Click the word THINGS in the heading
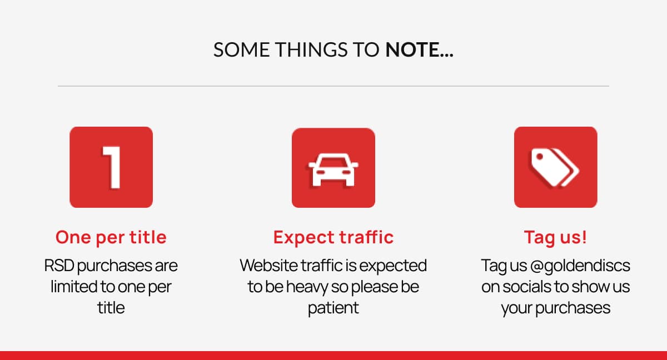tap(311, 49)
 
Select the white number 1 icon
tap(111, 168)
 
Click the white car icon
tap(333, 169)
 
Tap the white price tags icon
tap(555, 168)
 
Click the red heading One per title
tap(111, 237)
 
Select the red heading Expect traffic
tap(333, 237)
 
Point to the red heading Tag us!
tap(555, 237)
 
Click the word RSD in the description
tap(59, 266)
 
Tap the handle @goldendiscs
tap(580, 266)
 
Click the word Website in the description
tap(268, 266)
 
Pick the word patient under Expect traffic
tap(333, 308)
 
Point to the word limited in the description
tap(73, 287)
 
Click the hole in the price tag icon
tap(539, 157)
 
